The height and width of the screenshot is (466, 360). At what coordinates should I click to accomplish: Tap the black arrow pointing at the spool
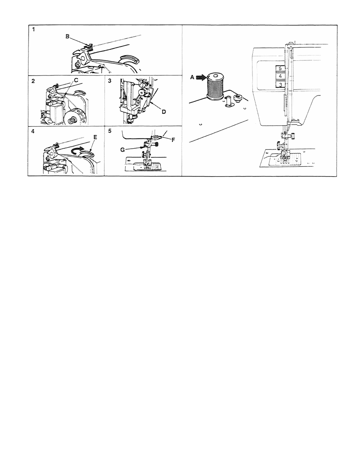(x=200, y=77)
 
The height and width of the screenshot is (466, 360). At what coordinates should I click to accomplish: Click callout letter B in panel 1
(x=67, y=36)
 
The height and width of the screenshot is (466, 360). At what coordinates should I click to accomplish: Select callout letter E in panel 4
(x=95, y=138)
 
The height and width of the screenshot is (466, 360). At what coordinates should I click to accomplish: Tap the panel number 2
(x=33, y=81)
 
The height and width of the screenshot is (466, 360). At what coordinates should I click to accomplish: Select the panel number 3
(x=109, y=81)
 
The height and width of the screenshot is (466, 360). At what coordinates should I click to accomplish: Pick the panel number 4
(x=33, y=132)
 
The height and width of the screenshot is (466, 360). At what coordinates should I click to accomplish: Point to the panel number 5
(x=109, y=132)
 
